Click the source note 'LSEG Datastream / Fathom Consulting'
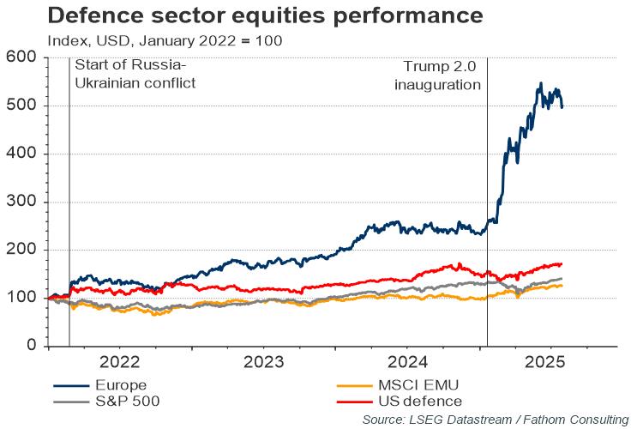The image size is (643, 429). click(495, 420)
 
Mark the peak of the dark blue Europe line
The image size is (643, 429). click(540, 83)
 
